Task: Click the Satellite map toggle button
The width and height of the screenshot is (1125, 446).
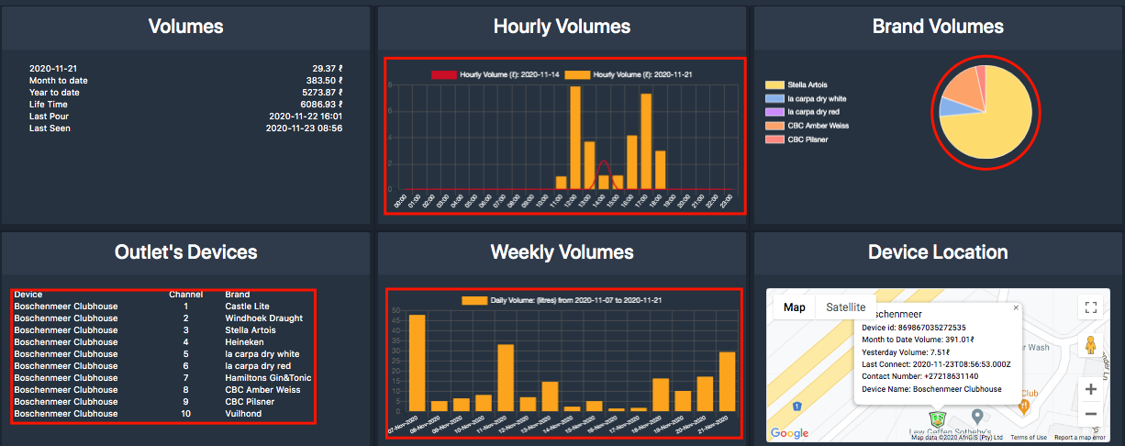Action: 845,307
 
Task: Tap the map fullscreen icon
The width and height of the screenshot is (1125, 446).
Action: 1090,307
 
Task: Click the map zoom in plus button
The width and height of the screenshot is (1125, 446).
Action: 1090,389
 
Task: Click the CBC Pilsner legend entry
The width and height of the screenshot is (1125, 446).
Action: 808,139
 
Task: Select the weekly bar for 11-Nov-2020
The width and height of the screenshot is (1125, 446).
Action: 506,377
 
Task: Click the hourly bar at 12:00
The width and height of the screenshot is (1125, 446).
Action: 575,138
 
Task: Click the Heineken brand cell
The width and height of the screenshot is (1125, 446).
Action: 244,341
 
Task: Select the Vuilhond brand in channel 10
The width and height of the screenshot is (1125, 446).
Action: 243,413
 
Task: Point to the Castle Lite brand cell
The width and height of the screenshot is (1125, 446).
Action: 247,306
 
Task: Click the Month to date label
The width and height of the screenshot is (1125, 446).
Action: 59,81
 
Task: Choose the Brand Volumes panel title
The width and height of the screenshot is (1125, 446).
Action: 938,27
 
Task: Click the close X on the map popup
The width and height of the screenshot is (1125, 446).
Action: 1016,309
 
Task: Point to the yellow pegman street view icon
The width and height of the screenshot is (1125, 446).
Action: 1090,345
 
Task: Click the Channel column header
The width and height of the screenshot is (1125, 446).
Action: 185,295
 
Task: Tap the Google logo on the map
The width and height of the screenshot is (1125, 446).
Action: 789,432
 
